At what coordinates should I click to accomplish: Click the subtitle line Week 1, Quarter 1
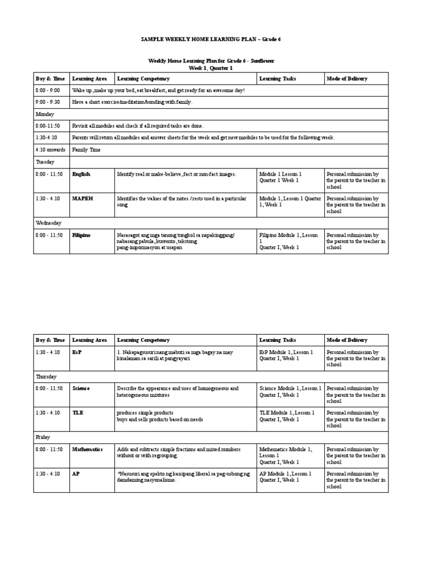pyautogui.click(x=211, y=68)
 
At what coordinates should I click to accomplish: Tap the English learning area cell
pyautogui.click(x=81, y=174)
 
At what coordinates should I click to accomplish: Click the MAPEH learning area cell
pyautogui.click(x=82, y=199)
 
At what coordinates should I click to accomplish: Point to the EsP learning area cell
pyautogui.click(x=77, y=352)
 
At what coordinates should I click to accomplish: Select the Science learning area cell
pyautogui.click(x=81, y=388)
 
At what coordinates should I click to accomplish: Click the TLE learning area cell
pyautogui.click(x=78, y=413)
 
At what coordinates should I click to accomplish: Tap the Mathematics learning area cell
pyautogui.click(x=87, y=449)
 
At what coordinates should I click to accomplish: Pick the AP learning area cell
pyautogui.click(x=76, y=474)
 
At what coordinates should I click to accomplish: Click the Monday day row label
pyautogui.click(x=45, y=114)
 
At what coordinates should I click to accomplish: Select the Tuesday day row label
pyautogui.click(x=46, y=162)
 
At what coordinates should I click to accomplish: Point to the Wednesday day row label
pyautogui.click(x=49, y=223)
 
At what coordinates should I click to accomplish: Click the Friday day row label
pyautogui.click(x=43, y=437)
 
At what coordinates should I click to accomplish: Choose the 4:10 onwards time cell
pyautogui.click(x=51, y=149)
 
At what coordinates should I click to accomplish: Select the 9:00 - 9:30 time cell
pyautogui.click(x=48, y=102)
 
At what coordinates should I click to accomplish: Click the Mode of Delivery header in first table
pyautogui.click(x=347, y=78)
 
